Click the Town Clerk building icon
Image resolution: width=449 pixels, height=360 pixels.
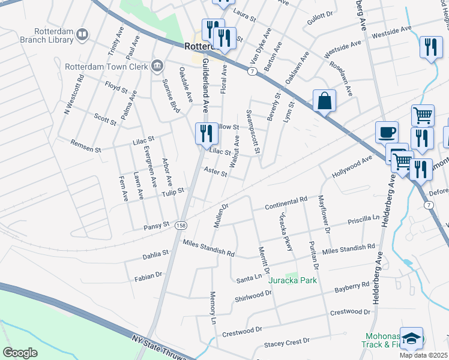point(157,65)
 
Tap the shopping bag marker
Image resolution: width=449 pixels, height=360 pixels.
point(324,101)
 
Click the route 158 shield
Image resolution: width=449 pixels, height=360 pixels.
point(180,226)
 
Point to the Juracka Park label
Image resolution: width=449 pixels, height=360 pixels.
point(292,280)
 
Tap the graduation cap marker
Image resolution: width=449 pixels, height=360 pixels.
point(412,338)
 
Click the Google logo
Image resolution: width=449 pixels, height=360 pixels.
point(20,353)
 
